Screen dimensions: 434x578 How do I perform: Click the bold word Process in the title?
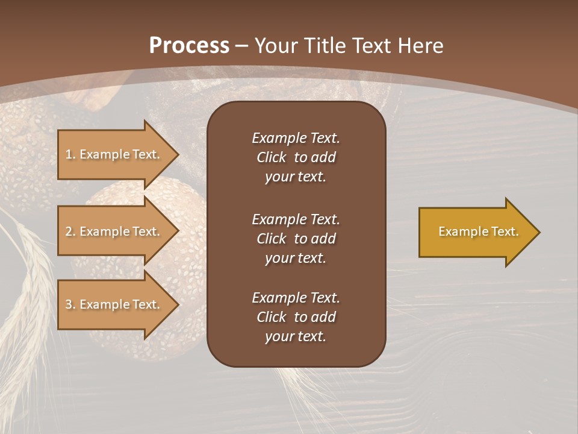click(x=189, y=45)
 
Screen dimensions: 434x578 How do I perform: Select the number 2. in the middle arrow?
click(x=70, y=231)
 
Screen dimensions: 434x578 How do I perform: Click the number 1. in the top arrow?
click(x=70, y=154)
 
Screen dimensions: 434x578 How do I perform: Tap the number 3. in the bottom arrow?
click(x=70, y=304)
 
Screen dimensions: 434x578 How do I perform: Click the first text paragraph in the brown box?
click(x=296, y=157)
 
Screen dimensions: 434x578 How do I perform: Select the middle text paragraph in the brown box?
click(x=296, y=238)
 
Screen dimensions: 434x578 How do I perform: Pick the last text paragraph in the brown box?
click(x=296, y=317)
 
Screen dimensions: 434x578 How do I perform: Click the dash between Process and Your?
click(x=241, y=46)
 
